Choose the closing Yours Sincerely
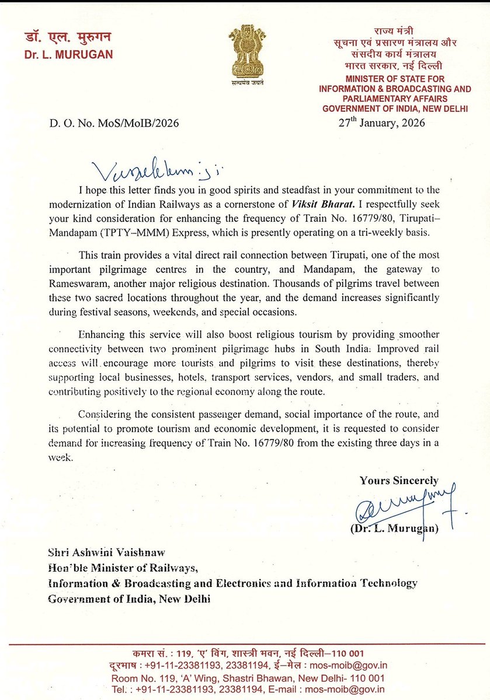(399, 481)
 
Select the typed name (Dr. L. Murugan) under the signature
(394, 528)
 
